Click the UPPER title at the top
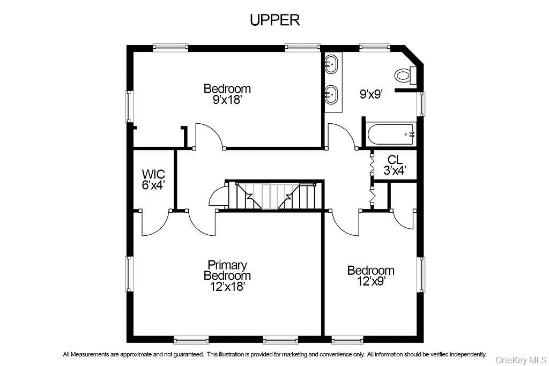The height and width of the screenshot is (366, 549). click(x=274, y=20)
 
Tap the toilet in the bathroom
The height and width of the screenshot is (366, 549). click(x=405, y=76)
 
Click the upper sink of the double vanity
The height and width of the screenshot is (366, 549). click(x=332, y=64)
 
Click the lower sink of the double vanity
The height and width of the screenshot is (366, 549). click(x=332, y=95)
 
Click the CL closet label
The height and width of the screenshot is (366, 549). click(x=395, y=160)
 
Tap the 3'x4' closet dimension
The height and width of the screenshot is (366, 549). click(x=395, y=170)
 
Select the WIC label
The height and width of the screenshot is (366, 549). click(x=153, y=175)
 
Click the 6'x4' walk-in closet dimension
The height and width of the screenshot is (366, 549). click(x=153, y=185)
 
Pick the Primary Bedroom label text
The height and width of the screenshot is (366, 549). click(x=227, y=270)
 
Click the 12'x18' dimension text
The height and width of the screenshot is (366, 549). click(x=227, y=287)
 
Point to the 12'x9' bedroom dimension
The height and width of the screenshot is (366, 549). click(x=370, y=280)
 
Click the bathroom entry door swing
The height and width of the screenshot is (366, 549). click(x=341, y=136)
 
